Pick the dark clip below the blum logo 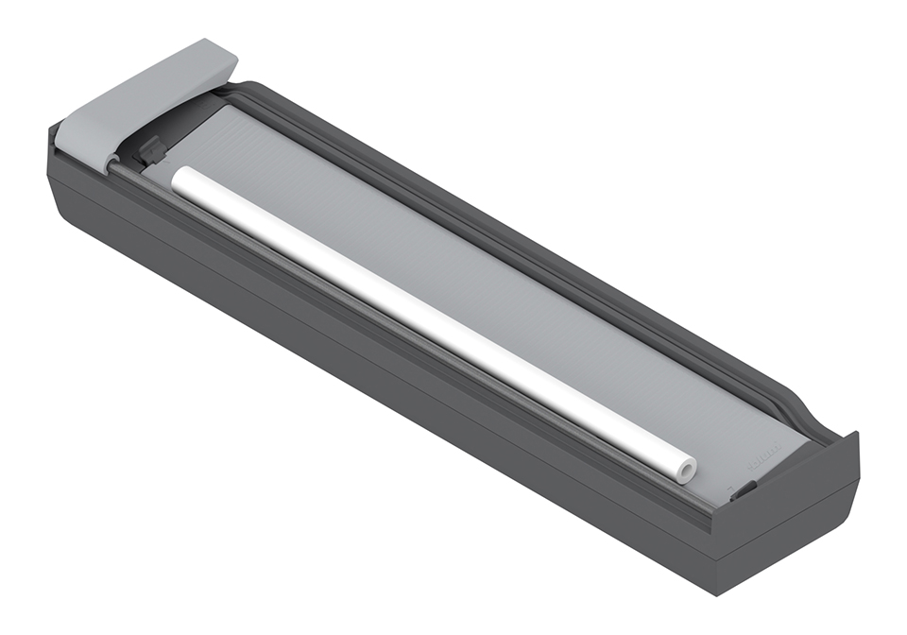click(x=744, y=489)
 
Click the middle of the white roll click(x=430, y=321)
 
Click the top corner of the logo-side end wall click(x=854, y=435)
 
